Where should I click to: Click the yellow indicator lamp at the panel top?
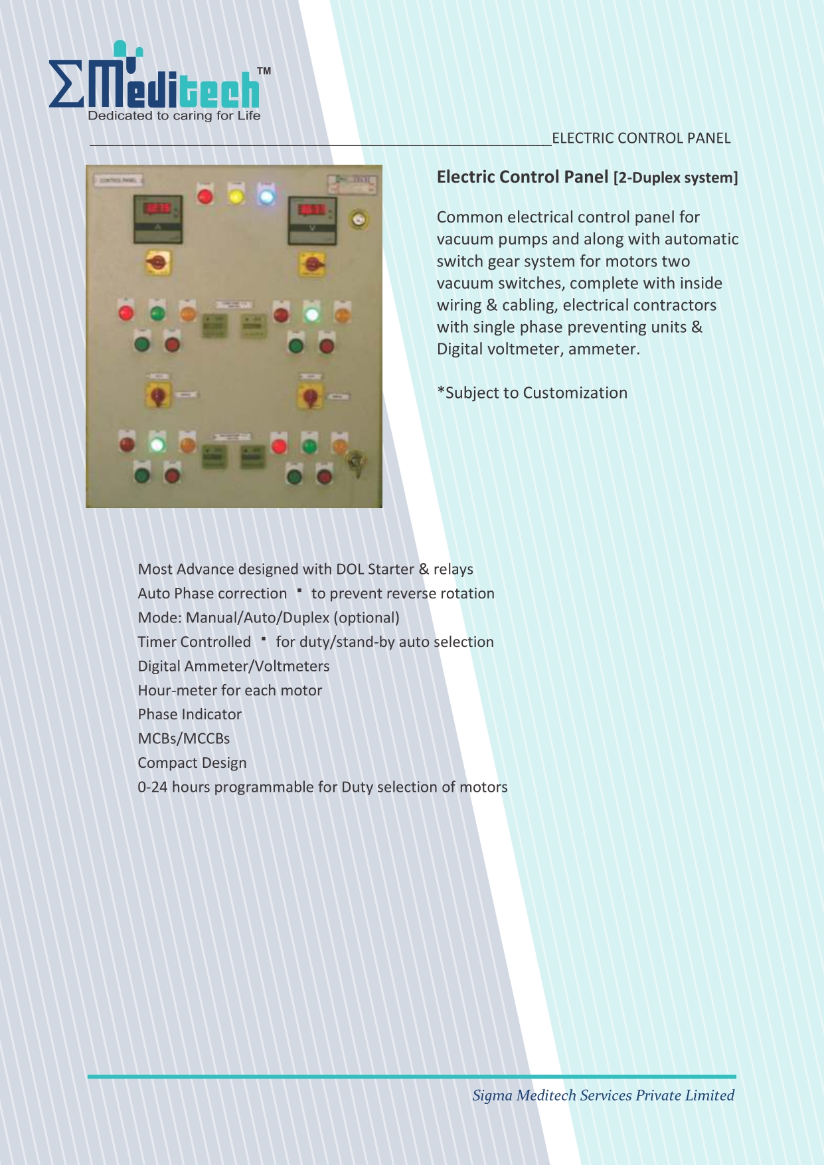236,197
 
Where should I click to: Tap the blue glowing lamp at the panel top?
266,197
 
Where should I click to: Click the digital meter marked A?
158,219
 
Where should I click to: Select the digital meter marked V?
312,220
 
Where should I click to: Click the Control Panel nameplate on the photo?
119,180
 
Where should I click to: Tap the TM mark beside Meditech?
264,71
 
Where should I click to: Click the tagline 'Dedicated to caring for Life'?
174,116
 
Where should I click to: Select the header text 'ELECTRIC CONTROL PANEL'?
641,138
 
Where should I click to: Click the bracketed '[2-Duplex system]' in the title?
675,178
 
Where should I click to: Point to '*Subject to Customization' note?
532,393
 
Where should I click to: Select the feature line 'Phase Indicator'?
190,714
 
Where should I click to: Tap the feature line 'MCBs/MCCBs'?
184,739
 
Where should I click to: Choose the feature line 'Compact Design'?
192,762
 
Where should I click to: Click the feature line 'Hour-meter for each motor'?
230,690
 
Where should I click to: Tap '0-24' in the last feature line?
153,787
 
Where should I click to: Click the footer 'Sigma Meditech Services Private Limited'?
603,1095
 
